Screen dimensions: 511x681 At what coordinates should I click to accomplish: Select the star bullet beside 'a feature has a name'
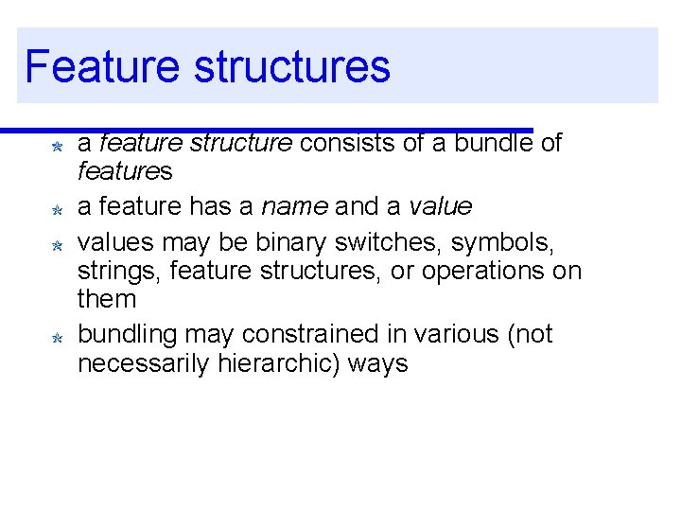[57, 209]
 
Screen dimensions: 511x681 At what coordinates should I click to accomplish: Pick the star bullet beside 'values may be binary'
[57, 245]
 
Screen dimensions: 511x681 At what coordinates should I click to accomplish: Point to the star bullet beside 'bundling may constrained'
[57, 338]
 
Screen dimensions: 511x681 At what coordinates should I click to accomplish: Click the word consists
[344, 143]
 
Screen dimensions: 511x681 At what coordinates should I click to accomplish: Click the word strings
[110, 273]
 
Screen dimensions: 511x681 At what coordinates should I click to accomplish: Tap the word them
[107, 300]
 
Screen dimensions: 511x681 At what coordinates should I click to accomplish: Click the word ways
[383, 364]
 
